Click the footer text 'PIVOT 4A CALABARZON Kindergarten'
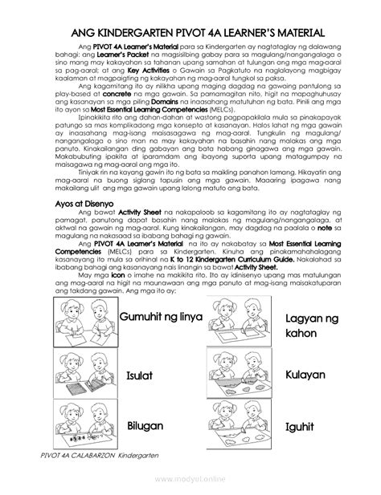(101, 456)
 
